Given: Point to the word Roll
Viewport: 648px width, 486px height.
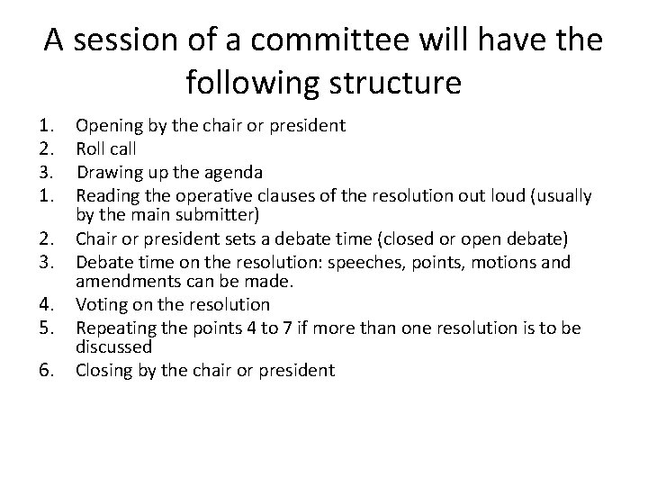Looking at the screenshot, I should click(91, 148).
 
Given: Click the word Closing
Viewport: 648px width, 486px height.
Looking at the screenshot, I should click(104, 369).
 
